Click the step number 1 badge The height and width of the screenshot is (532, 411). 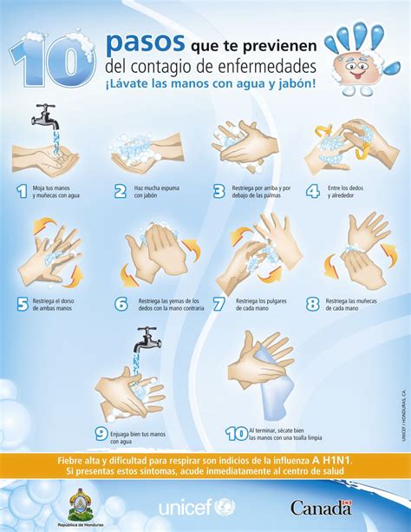(21, 191)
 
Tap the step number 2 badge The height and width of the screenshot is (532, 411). (121, 191)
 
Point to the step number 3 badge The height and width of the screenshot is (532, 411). (219, 191)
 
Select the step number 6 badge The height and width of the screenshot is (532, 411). (121, 304)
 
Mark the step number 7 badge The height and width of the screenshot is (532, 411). (219, 304)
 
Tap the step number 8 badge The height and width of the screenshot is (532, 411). (312, 304)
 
